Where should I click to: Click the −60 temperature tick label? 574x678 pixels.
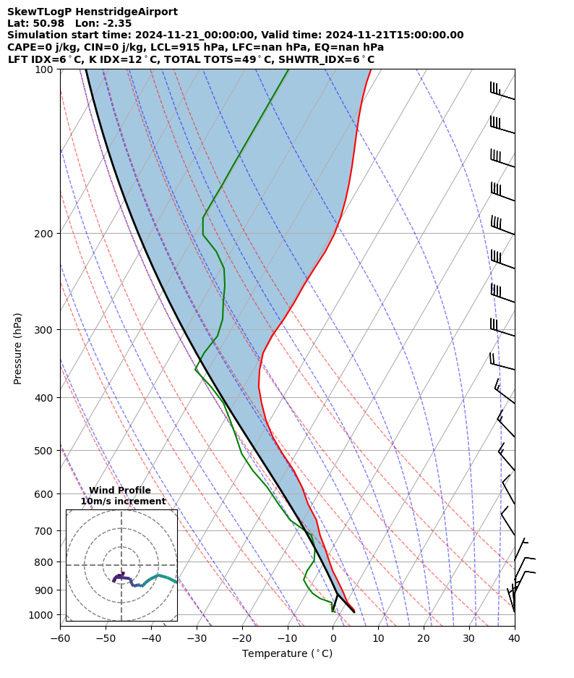pyautogui.click(x=60, y=639)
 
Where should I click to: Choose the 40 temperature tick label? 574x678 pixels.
pyautogui.click(x=514, y=639)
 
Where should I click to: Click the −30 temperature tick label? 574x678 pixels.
pyautogui.click(x=196, y=639)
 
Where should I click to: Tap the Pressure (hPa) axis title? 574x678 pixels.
pyautogui.click(x=18, y=348)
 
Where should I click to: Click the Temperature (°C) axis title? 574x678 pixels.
pyautogui.click(x=287, y=654)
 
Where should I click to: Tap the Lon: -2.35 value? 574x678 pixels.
pyautogui.click(x=103, y=23)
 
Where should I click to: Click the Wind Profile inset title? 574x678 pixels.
pyautogui.click(x=120, y=491)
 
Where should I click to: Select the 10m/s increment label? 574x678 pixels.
pyautogui.click(x=123, y=501)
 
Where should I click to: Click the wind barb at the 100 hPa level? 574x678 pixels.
pyautogui.click(x=502, y=93)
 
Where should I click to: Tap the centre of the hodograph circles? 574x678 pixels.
pyautogui.click(x=121, y=565)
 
